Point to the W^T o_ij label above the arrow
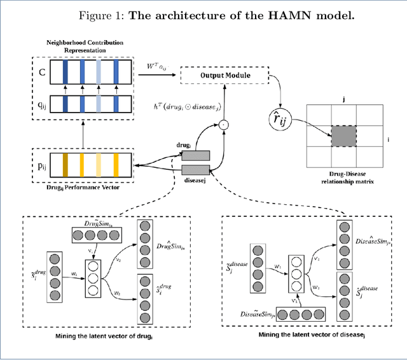point(156,65)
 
